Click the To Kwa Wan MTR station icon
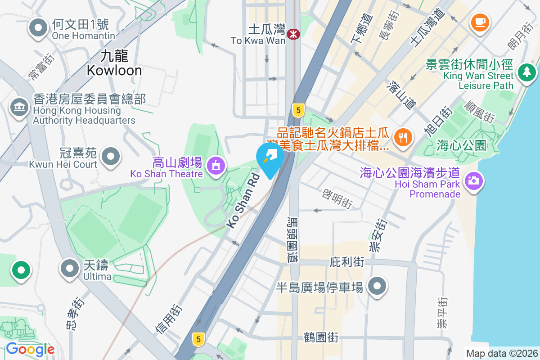click(294, 33)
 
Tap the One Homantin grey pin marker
click(38, 28)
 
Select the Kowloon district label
click(114, 63)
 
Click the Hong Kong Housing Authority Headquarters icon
click(19, 108)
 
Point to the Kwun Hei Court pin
click(111, 157)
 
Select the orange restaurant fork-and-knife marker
click(403, 137)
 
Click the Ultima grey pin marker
click(69, 269)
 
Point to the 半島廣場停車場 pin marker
click(377, 286)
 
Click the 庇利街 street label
click(347, 261)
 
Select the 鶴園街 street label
click(321, 337)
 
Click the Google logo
click(30, 349)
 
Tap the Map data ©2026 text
click(502, 354)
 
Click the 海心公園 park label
click(461, 145)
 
